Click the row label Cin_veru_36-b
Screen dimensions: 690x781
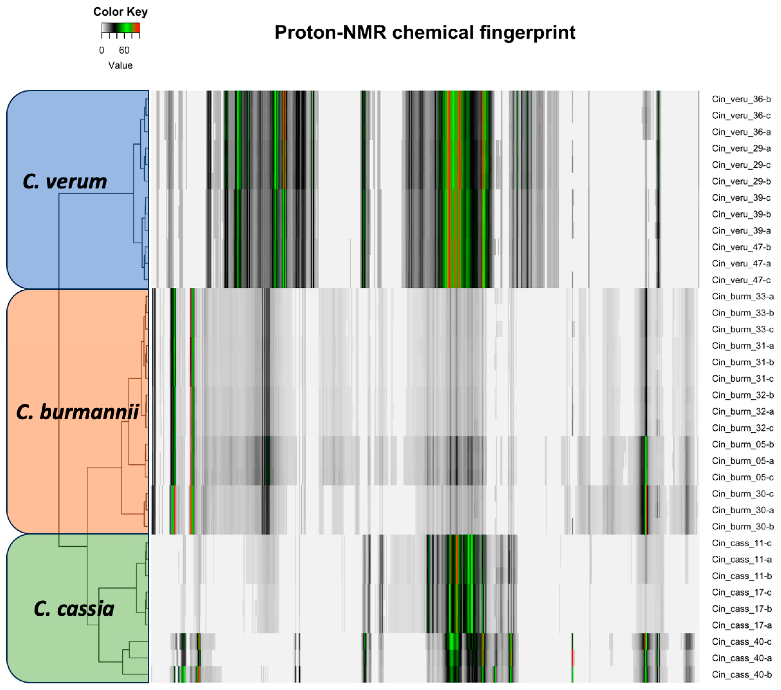pos(741,99)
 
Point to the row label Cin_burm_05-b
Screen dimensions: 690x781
pos(742,445)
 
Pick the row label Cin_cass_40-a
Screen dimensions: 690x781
pos(742,658)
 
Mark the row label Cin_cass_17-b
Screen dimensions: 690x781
pos(742,609)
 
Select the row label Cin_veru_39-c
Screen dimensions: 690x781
pos(741,198)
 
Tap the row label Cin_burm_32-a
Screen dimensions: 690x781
pos(742,412)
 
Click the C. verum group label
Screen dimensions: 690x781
pos(65,182)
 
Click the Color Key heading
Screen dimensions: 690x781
pos(120,12)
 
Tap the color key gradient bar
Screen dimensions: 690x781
pos(120,28)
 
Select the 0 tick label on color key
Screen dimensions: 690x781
pos(102,51)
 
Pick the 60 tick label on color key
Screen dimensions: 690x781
pos(124,51)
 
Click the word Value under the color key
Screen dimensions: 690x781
pos(120,65)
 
